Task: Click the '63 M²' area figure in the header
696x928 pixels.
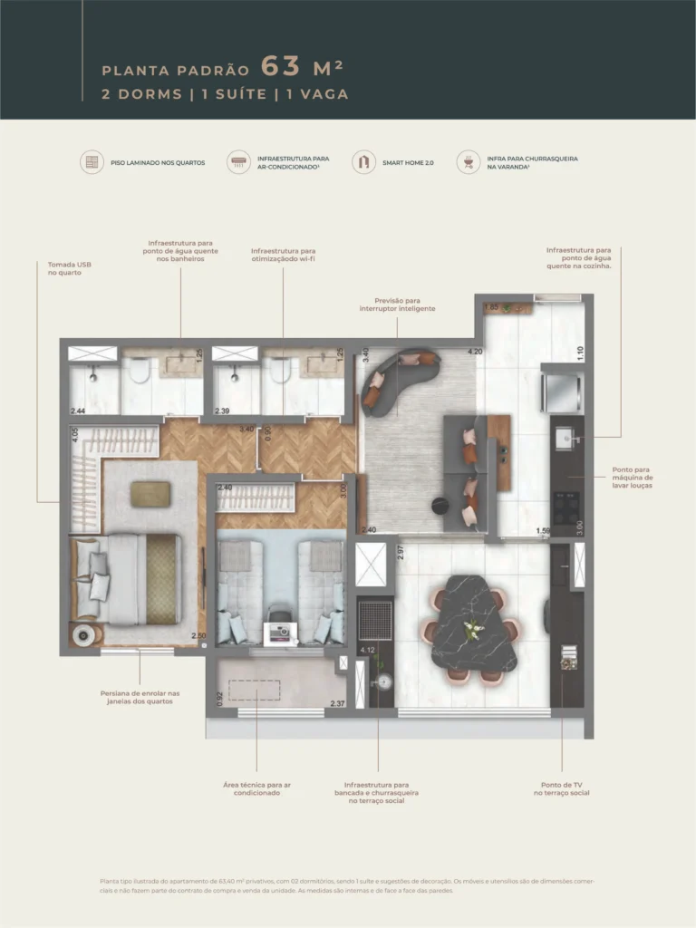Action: point(302,68)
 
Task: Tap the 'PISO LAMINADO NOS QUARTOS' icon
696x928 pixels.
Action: point(91,162)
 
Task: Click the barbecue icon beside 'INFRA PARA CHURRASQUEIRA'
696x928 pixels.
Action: point(468,162)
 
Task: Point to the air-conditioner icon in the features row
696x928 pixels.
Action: point(238,162)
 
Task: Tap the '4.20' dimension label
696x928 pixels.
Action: point(474,352)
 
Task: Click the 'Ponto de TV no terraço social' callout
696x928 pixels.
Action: point(562,788)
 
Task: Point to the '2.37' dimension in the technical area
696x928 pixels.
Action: point(337,703)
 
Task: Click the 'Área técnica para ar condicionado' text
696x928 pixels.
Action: point(256,788)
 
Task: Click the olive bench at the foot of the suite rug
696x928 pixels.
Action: point(150,493)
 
